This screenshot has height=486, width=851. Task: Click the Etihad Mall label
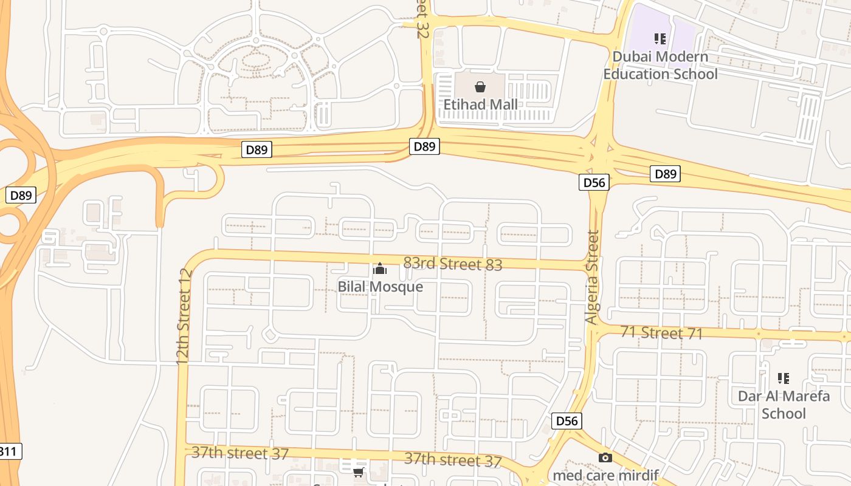[480, 104]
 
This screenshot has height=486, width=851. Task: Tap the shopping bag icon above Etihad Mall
[480, 87]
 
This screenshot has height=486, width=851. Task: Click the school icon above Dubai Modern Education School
[660, 39]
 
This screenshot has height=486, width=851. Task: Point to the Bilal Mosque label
[380, 286]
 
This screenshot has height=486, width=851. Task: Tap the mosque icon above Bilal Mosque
[380, 269]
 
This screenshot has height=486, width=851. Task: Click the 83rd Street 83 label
[453, 264]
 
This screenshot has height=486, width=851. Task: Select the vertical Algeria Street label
[592, 277]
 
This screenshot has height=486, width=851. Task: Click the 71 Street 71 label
[662, 333]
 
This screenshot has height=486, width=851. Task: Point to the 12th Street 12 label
[184, 317]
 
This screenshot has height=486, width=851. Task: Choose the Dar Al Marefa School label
[784, 405]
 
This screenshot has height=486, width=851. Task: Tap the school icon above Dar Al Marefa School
[784, 378]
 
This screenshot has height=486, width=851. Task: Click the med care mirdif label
[605, 474]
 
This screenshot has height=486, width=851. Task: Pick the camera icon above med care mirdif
[605, 458]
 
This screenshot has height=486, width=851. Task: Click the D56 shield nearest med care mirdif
[567, 421]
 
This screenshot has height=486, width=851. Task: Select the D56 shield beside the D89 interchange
[594, 182]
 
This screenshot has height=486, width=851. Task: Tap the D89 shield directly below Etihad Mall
[424, 146]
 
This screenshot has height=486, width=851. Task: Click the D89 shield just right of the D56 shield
[665, 174]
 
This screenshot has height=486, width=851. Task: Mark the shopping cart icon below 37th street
[359, 471]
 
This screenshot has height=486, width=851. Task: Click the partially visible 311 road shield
[10, 451]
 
